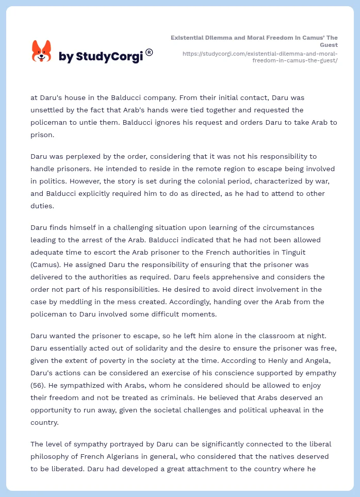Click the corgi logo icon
click(42, 51)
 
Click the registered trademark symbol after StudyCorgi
click(149, 52)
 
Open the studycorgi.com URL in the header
click(260, 57)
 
